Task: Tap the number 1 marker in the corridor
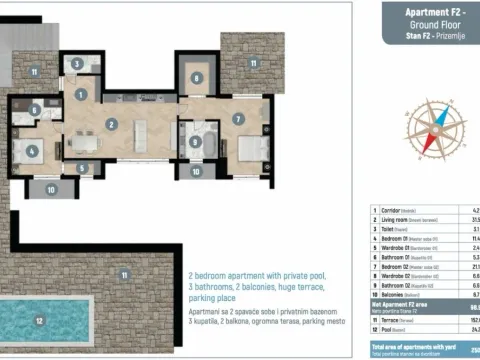[81, 94]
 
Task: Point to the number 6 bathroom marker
[33, 110]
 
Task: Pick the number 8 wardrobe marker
[196, 77]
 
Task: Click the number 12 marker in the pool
[39, 321]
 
